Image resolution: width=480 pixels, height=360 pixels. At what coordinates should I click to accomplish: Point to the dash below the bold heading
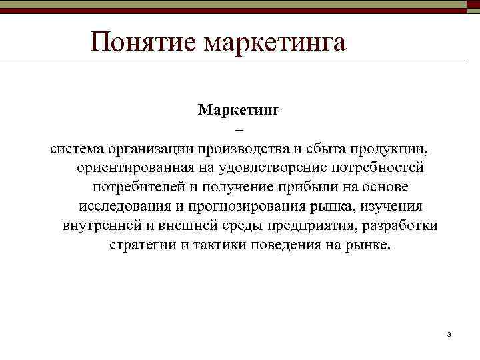[x=240, y=129]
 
